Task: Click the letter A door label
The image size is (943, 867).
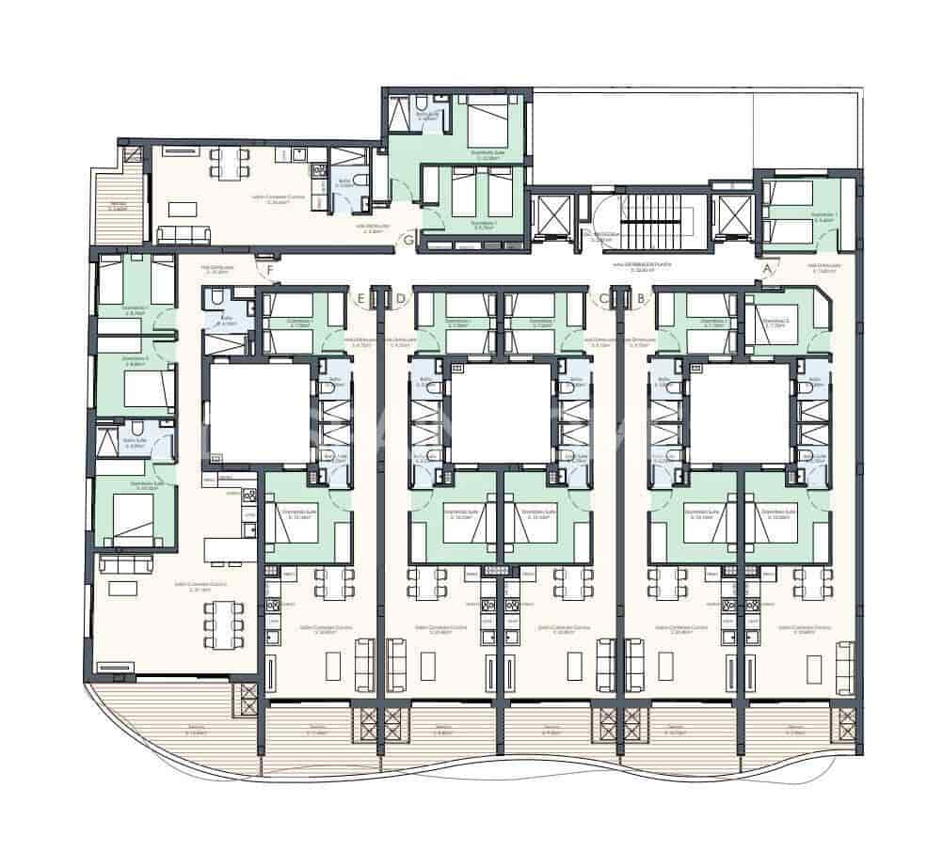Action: click(x=767, y=269)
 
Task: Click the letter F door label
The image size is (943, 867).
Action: click(x=270, y=274)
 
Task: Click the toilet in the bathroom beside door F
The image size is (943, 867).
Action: click(x=215, y=299)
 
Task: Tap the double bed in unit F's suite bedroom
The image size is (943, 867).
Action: click(x=132, y=512)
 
